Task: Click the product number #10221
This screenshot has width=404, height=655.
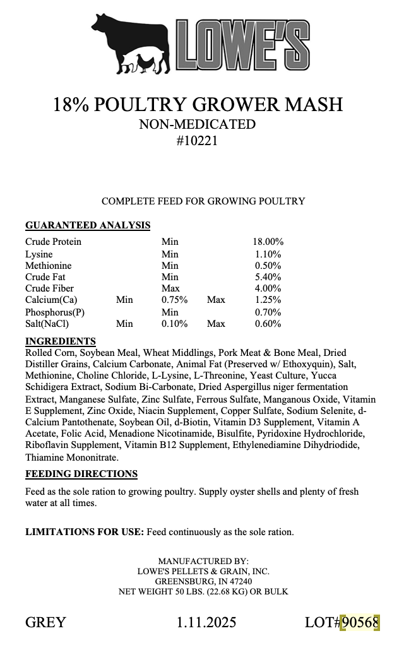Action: point(198,141)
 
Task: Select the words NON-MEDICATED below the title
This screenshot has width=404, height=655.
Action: point(198,124)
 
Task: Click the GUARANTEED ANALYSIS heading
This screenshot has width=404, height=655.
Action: point(88,225)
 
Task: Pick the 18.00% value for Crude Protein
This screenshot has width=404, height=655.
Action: point(268,242)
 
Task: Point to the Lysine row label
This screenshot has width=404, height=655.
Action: point(39,254)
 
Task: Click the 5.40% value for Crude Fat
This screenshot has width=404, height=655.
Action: point(268,277)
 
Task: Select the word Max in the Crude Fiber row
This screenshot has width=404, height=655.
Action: point(170,288)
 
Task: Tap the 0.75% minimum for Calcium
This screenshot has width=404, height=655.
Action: point(174,300)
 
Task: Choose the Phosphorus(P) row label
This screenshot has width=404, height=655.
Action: point(55,312)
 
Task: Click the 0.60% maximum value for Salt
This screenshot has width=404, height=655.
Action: point(268,324)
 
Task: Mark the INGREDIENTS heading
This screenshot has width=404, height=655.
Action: point(61,341)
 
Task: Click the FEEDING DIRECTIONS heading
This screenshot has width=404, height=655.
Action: point(81,474)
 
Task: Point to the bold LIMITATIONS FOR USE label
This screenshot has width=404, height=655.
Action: point(85,532)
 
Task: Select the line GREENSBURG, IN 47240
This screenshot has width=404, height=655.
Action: point(203,581)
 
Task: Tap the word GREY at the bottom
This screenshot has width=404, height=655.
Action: point(45,623)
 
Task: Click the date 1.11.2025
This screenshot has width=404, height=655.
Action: point(206,623)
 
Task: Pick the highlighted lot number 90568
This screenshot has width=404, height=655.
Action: point(360,623)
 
